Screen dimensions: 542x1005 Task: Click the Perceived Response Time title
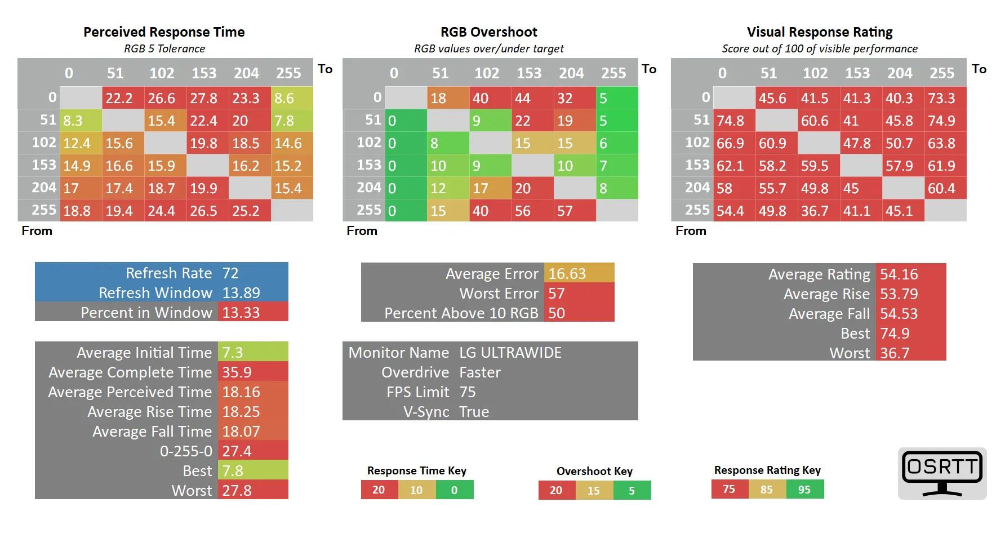pyautogui.click(x=164, y=32)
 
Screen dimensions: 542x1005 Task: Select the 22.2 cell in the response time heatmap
pyautogui.click(x=123, y=98)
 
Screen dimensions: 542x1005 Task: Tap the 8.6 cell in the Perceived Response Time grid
pyautogui.click(x=292, y=98)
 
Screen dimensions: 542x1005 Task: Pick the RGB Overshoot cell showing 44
pyautogui.click(x=532, y=98)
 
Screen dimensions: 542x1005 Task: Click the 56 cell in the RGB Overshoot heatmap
pyautogui.click(x=532, y=211)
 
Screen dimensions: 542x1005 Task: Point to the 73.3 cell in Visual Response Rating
pyautogui.click(x=945, y=98)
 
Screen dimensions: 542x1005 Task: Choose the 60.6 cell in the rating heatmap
pyautogui.click(x=819, y=121)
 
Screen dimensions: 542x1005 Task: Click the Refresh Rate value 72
pyautogui.click(x=230, y=273)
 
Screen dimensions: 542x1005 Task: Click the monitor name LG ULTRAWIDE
pyautogui.click(x=510, y=353)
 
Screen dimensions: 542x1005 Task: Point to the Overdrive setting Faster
pyautogui.click(x=480, y=372)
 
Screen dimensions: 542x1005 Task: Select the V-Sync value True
pyautogui.click(x=474, y=412)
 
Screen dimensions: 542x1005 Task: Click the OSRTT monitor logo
pyautogui.click(x=942, y=473)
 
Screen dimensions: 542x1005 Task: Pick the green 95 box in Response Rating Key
pyautogui.click(x=804, y=490)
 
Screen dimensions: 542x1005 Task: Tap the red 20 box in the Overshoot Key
pyautogui.click(x=557, y=490)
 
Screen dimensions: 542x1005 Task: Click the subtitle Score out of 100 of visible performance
pyautogui.click(x=820, y=49)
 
